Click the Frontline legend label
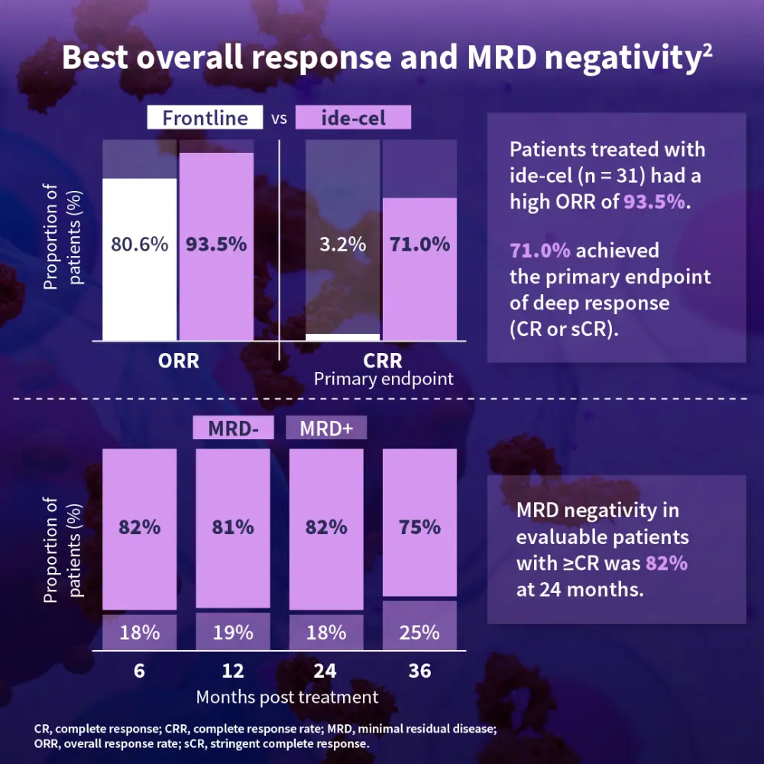point(205,118)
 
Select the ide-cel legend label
point(353,118)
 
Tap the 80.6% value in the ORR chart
point(139,244)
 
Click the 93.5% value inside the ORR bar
point(216,244)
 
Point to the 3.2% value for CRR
point(342,244)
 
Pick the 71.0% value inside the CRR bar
point(419,244)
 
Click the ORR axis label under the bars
point(178,361)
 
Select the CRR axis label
point(382,361)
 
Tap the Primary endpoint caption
point(383,378)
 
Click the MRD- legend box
point(232,428)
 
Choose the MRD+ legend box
point(326,428)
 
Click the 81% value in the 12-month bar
point(233,526)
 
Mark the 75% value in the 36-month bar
point(419,526)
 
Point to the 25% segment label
point(419,633)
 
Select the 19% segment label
point(233,633)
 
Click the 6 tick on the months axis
point(139,671)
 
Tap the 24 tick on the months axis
point(326,671)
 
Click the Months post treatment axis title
point(286,697)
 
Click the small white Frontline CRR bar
point(342,337)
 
